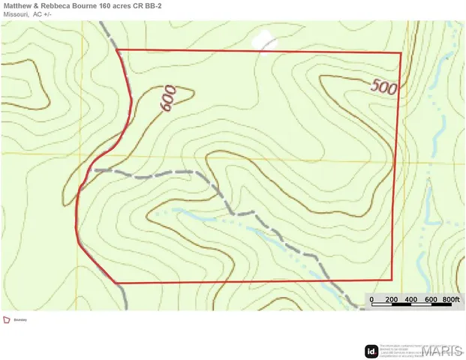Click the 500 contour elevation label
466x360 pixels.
384,87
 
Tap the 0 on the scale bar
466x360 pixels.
371,300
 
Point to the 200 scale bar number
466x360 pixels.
391,300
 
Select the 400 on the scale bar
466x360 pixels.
410,300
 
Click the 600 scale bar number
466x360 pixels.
430,300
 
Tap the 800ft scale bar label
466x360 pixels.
450,300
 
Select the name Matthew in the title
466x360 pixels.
18,5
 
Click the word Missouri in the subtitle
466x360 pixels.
14,14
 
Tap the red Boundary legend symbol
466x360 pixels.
7,319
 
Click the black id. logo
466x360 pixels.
371,350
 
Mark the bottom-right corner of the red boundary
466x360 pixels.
392,280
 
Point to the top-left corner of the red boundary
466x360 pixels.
119,49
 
